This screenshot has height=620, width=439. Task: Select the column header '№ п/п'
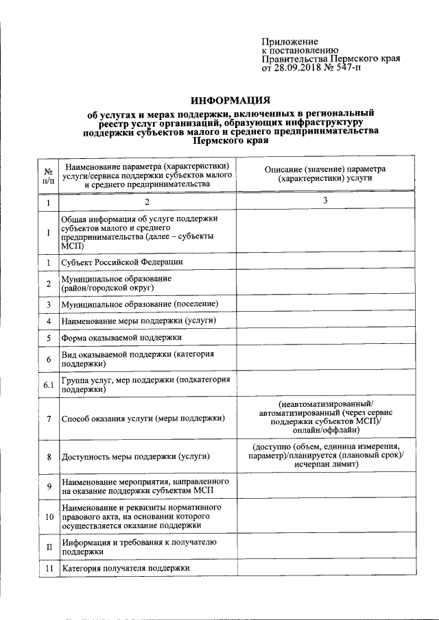click(x=48, y=176)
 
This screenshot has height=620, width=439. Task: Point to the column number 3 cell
click(x=325, y=201)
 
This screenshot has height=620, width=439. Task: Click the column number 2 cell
click(x=147, y=202)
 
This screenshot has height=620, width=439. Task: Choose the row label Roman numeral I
click(x=48, y=233)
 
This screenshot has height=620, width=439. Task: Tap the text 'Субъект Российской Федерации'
click(x=123, y=262)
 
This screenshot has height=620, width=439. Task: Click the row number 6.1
click(x=48, y=385)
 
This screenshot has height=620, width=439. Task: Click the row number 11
click(x=48, y=569)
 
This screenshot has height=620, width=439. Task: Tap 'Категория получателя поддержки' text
click(x=125, y=569)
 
